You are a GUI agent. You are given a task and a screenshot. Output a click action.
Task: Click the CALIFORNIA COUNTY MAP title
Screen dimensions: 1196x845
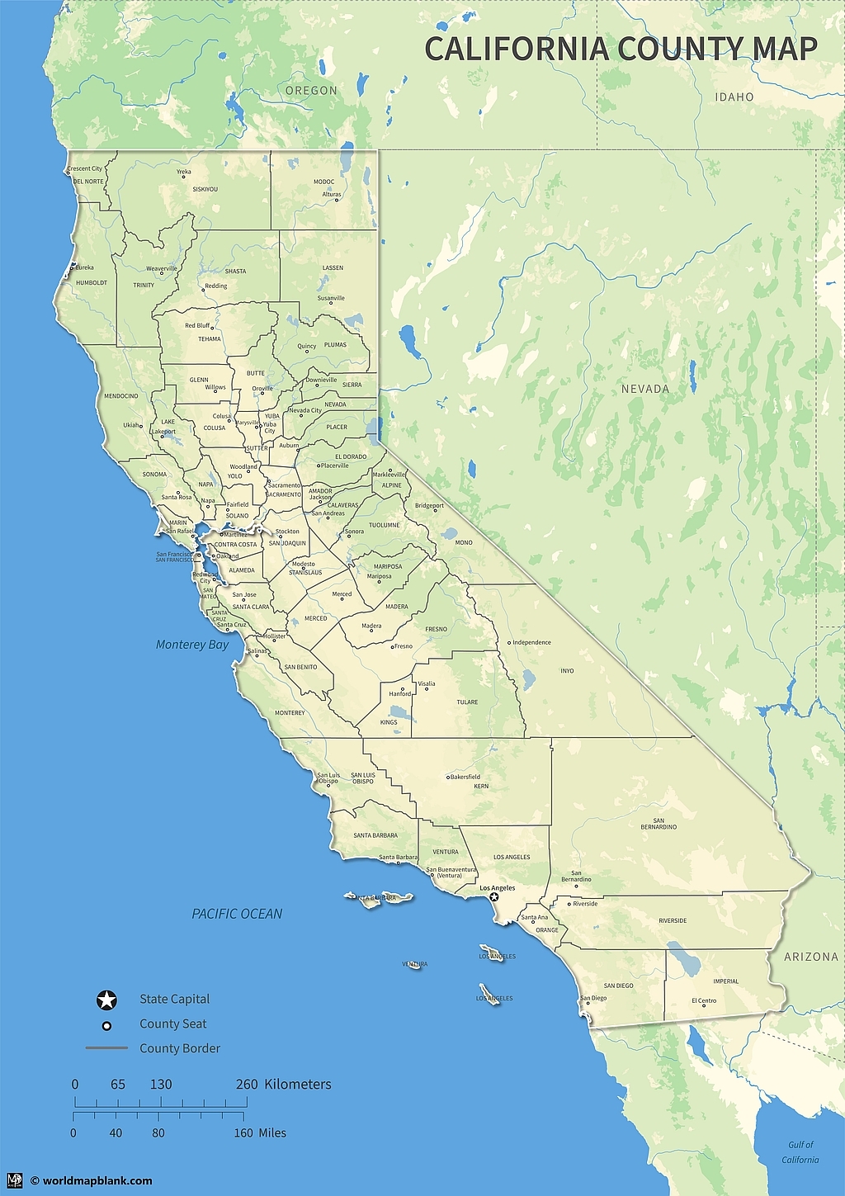tap(621, 49)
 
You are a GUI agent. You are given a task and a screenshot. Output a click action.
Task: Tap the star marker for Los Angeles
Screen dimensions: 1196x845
tap(494, 897)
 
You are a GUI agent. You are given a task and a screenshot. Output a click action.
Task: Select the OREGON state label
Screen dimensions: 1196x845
tap(311, 91)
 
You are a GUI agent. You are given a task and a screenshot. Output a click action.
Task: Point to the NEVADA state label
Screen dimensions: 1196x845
tap(645, 389)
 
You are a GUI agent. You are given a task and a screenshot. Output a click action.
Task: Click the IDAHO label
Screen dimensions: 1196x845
tap(734, 97)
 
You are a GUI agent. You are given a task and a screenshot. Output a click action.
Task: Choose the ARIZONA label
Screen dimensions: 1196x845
tap(810, 957)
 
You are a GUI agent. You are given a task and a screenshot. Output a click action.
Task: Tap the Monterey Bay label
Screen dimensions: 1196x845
tap(192, 645)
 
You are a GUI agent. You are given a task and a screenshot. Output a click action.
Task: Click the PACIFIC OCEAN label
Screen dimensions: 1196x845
tap(237, 914)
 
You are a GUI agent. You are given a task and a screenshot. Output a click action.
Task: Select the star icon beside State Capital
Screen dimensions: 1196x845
tap(106, 1000)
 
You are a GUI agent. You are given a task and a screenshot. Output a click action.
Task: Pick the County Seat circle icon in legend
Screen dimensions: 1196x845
tap(106, 1025)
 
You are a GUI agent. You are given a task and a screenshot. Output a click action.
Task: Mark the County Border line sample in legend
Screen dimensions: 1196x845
tap(106, 1048)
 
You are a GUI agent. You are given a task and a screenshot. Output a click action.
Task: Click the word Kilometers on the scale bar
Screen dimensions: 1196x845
tap(297, 1085)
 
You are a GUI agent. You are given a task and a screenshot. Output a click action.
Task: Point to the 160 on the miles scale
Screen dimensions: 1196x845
tap(243, 1133)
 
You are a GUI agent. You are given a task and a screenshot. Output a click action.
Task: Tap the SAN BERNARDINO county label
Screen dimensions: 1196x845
tap(659, 824)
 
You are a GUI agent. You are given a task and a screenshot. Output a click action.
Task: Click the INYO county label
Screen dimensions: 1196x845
tap(567, 671)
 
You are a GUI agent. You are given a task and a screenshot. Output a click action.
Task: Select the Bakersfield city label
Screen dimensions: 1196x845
tap(465, 777)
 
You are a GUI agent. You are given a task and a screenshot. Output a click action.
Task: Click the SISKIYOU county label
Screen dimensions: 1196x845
tap(205, 190)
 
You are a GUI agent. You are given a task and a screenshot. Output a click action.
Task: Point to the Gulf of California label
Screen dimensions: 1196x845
tap(800, 1152)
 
